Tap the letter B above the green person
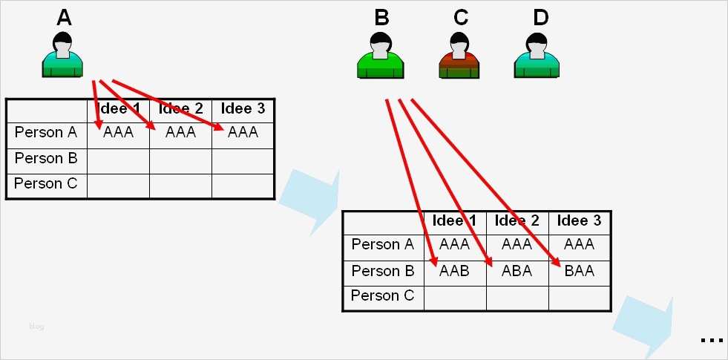tap(381, 17)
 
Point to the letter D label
tap(540, 17)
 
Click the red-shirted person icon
tap(459, 56)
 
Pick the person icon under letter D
tap(537, 56)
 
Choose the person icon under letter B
tap(380, 56)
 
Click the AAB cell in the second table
tap(454, 271)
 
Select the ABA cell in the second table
tap(517, 271)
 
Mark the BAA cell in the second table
tap(579, 271)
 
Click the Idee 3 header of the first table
tap(243, 109)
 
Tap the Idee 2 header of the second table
tap(517, 220)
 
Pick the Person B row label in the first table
tap(46, 158)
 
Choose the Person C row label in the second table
tap(382, 295)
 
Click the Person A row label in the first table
tap(46, 133)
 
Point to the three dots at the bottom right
tap(711, 340)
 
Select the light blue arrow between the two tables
tap(311, 197)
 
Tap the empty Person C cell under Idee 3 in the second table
tap(579, 298)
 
